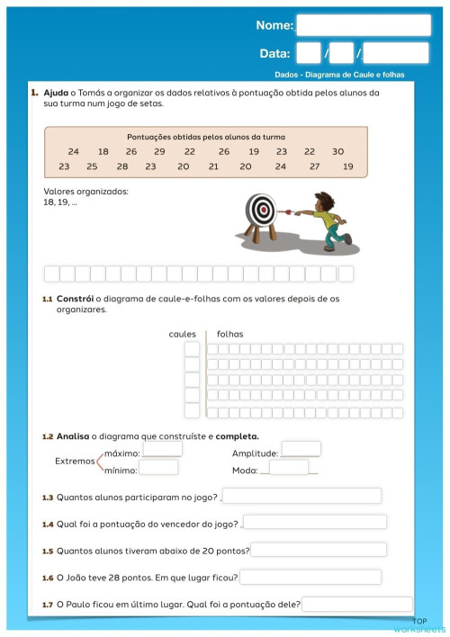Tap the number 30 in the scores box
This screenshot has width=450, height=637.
pyautogui.click(x=337, y=152)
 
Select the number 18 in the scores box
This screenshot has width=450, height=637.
pyautogui.click(x=103, y=152)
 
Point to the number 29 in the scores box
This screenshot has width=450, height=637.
pyautogui.click(x=159, y=152)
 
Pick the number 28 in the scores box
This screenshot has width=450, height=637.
pyautogui.click(x=122, y=166)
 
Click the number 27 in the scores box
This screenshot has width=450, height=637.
pyautogui.click(x=314, y=166)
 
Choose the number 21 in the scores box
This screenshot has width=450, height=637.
pyautogui.click(x=213, y=166)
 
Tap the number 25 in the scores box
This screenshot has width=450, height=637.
pyautogui.click(x=92, y=166)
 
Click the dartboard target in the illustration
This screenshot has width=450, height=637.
pyautogui.click(x=262, y=211)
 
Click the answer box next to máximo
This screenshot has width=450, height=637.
pyautogui.click(x=162, y=449)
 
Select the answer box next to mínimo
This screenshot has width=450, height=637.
pyautogui.click(x=158, y=468)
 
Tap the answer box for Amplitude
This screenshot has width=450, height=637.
pyautogui.click(x=301, y=449)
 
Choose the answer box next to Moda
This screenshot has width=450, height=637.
pyautogui.click(x=288, y=468)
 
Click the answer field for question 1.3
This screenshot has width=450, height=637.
pyautogui.click(x=301, y=496)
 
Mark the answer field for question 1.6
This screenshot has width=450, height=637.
pyautogui.click(x=310, y=577)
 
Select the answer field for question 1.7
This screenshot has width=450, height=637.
pyautogui.click(x=357, y=604)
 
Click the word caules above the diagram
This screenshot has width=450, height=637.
pyautogui.click(x=183, y=335)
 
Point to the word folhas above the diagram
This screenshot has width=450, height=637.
pyautogui.click(x=229, y=335)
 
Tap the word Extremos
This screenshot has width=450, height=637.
pyautogui.click(x=75, y=461)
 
